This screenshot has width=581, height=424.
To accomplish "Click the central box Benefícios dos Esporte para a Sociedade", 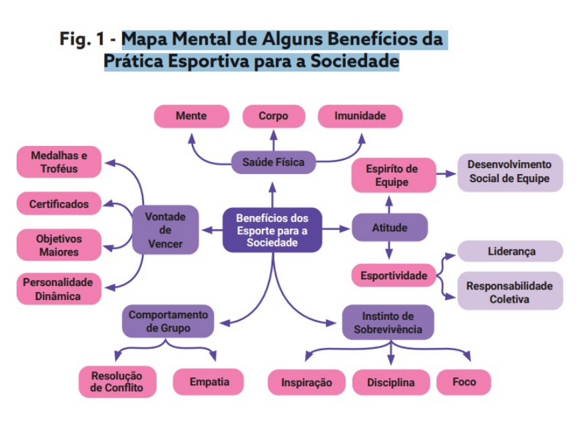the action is (273, 230).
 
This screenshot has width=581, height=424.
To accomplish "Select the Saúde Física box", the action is (273, 163).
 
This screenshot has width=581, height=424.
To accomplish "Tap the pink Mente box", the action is (192, 116).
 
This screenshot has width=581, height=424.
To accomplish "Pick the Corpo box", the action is (274, 116).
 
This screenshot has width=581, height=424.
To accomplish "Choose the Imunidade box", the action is (360, 116).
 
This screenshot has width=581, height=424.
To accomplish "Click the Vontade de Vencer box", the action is (165, 230).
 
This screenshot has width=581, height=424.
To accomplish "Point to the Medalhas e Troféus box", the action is (59, 162).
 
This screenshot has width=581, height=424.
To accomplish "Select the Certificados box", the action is (59, 203).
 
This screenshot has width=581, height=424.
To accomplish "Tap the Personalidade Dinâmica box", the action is (59, 289).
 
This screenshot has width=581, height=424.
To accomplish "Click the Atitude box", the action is (389, 227).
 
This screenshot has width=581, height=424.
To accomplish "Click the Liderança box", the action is (510, 251).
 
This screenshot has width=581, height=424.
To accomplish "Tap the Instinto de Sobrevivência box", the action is (388, 323).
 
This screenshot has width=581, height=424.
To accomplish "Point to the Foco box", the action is (464, 382).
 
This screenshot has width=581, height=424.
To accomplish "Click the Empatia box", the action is (209, 382).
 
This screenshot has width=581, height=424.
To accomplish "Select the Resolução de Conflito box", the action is (117, 382).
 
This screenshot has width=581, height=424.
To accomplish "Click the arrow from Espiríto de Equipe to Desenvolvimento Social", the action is (446, 173).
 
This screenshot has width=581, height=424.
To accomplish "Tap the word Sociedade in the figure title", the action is (354, 61).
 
